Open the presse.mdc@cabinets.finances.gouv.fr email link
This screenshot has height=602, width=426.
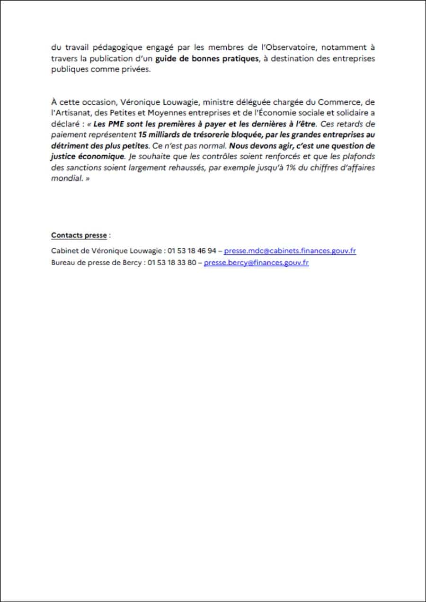point(290,251)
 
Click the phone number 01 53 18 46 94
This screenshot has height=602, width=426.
point(191,251)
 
